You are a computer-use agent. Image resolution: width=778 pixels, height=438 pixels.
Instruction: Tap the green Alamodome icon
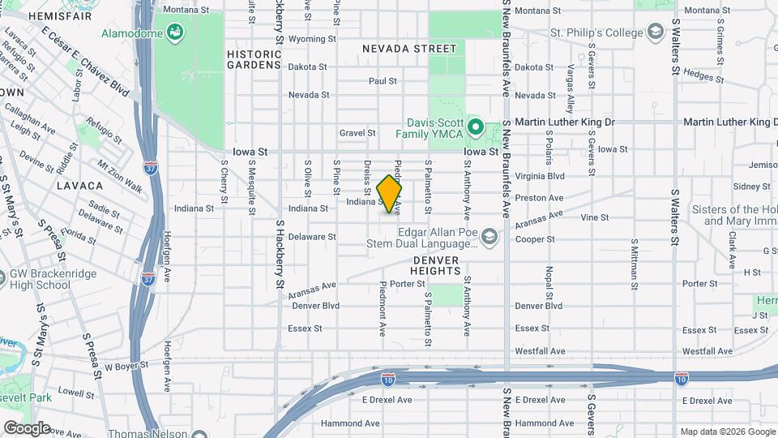pyautogui.click(x=174, y=32)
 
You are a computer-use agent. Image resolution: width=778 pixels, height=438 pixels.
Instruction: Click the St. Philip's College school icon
pyautogui.click(x=654, y=32)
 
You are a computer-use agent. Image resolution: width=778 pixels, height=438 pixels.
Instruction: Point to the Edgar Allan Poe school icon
pyautogui.click(x=488, y=236)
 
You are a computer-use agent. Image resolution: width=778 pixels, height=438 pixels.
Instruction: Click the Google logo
pyautogui.click(x=27, y=427)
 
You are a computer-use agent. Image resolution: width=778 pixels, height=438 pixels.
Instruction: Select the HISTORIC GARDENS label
pyautogui.click(x=254, y=59)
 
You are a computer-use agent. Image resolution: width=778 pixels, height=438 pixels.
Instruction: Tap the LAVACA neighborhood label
pyautogui.click(x=79, y=186)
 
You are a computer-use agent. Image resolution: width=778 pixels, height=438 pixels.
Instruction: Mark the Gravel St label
pyautogui.click(x=357, y=132)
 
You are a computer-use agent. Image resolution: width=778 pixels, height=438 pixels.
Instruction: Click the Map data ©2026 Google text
pyautogui.click(x=727, y=432)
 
